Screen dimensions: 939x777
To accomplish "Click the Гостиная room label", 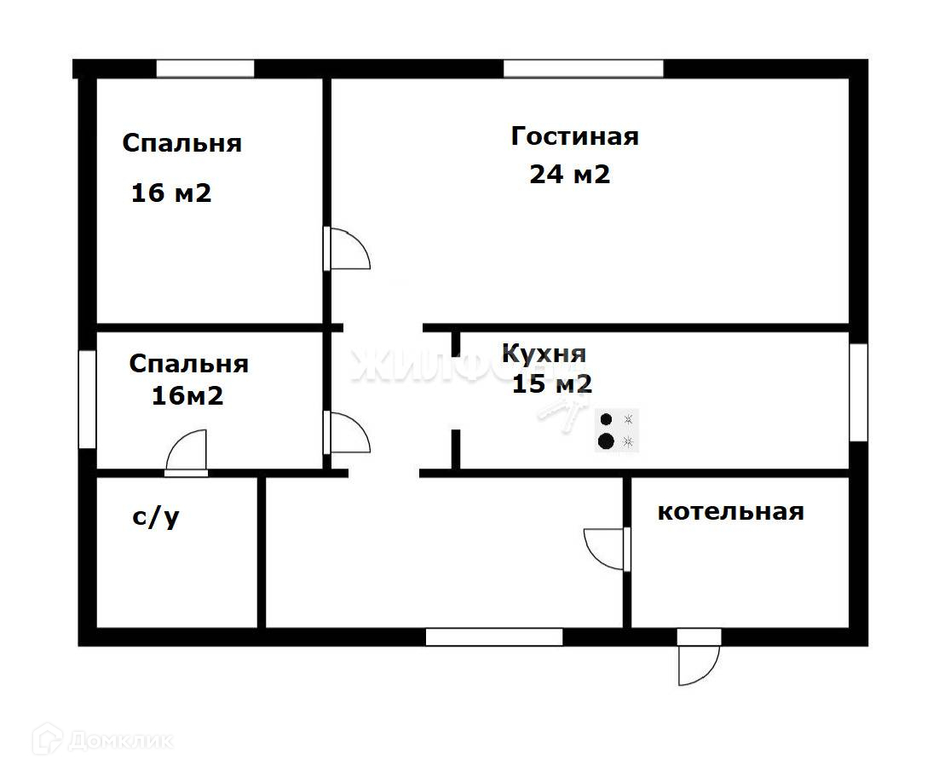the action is pos(575,136).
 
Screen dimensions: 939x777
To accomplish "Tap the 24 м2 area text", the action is pos(569,174).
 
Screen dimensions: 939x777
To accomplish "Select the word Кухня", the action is pos(544,354).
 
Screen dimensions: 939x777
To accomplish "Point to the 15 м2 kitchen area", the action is pos(552,383).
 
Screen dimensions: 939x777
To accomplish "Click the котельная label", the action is pos(730,512).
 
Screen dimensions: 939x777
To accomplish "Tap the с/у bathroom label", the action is pos(156,518).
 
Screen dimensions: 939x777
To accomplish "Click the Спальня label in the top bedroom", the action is pos(182,143).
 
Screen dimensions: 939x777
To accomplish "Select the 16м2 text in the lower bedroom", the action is pos(187,395).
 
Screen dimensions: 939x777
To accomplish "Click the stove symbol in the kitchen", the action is pos(617,430).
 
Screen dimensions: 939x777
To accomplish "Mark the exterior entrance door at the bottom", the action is pos(698,657).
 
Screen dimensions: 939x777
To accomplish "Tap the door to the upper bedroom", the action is pos(347,249).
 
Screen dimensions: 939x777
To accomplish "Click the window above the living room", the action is pos(584,69).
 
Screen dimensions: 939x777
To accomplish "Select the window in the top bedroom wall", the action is pos(205,69).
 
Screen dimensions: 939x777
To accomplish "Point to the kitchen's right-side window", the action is pos(859,393).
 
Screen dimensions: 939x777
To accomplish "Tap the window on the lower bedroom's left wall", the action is pos(88,400).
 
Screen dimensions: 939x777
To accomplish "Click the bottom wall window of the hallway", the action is pos(494,637).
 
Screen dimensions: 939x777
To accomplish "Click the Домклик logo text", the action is pos(120,742).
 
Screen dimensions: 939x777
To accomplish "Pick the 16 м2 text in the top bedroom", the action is pos(171,193).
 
